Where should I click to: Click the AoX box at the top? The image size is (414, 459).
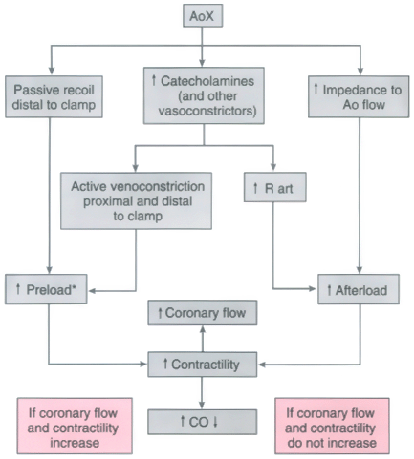pyautogui.click(x=203, y=15)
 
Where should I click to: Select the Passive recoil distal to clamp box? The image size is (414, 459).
pyautogui.click(x=54, y=96)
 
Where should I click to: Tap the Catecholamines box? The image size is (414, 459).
pyautogui.click(x=204, y=95)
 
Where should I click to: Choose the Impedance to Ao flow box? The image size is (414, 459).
pyautogui.click(x=359, y=96)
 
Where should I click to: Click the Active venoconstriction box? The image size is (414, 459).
pyautogui.click(x=136, y=200)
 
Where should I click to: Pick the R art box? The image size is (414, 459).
pyautogui.click(x=275, y=187)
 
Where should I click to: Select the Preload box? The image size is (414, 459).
pyautogui.click(x=46, y=289)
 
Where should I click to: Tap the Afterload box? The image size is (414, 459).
pyautogui.click(x=359, y=289)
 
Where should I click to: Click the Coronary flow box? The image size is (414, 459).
pyautogui.click(x=203, y=313)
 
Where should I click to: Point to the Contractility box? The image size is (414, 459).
pyautogui.click(x=203, y=365)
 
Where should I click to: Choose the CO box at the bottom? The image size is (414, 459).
pyautogui.click(x=203, y=422)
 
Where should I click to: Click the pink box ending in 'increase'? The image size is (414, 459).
pyautogui.click(x=75, y=426)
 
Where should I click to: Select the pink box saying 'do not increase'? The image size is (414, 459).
pyautogui.click(x=332, y=426)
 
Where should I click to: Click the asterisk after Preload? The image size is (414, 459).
pyautogui.click(x=74, y=287)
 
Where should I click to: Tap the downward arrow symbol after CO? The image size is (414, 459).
pyautogui.click(x=215, y=422)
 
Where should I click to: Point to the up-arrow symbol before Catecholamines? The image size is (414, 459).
pyautogui.click(x=154, y=80)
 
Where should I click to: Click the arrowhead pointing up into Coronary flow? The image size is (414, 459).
pyautogui.click(x=203, y=329)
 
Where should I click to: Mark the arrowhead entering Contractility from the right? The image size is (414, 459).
pyautogui.click(x=262, y=365)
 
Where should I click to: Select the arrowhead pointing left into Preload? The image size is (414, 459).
pyautogui.click(x=93, y=291)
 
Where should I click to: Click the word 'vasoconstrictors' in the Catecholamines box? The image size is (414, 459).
pyautogui.click(x=207, y=111)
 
